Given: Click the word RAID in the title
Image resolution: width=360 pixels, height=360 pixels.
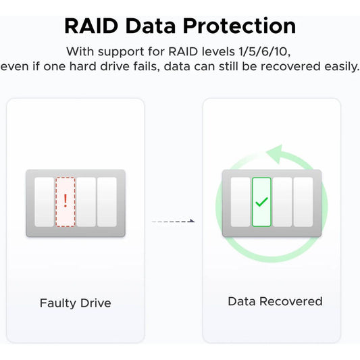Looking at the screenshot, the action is pyautogui.click(x=91, y=26).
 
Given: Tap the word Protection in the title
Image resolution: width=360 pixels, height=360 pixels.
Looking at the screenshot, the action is pyautogui.click(x=240, y=26).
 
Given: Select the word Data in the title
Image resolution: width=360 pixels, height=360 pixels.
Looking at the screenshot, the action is pyautogui.click(x=151, y=26).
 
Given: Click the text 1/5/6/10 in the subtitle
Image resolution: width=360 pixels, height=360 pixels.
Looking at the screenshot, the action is pyautogui.click(x=265, y=51).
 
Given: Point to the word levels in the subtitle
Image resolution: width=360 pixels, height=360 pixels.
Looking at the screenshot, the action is pyautogui.click(x=218, y=51).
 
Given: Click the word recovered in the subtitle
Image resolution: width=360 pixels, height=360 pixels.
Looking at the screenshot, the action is pyautogui.click(x=290, y=66).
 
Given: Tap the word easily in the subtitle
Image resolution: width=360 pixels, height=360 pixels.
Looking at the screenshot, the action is pyautogui.click(x=341, y=67).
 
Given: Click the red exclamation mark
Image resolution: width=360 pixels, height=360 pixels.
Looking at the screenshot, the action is pyautogui.click(x=66, y=201).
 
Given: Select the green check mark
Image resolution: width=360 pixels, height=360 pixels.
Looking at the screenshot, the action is pyautogui.click(x=262, y=202).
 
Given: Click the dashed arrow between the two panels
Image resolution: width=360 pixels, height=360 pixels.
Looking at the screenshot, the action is pyautogui.click(x=174, y=222).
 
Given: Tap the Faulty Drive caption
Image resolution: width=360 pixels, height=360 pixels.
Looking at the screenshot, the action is pyautogui.click(x=76, y=303).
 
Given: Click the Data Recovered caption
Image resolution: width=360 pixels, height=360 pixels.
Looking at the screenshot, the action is pyautogui.click(x=275, y=301).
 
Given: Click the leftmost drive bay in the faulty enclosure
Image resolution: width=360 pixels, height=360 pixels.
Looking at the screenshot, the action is pyautogui.click(x=45, y=202).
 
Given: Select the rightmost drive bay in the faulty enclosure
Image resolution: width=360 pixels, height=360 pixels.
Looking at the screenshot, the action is pyautogui.click(x=107, y=202).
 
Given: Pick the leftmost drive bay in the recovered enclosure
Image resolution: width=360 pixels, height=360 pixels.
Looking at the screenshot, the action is pyautogui.click(x=240, y=202).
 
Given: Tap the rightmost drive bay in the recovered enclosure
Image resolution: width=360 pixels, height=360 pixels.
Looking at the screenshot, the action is pyautogui.click(x=303, y=202).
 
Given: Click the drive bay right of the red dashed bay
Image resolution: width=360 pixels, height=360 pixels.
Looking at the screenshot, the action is pyautogui.click(x=86, y=202).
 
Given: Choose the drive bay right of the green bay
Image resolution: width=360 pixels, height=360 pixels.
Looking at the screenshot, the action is pyautogui.click(x=282, y=202).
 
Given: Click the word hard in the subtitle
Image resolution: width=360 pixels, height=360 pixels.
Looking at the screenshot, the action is pyautogui.click(x=82, y=66).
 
